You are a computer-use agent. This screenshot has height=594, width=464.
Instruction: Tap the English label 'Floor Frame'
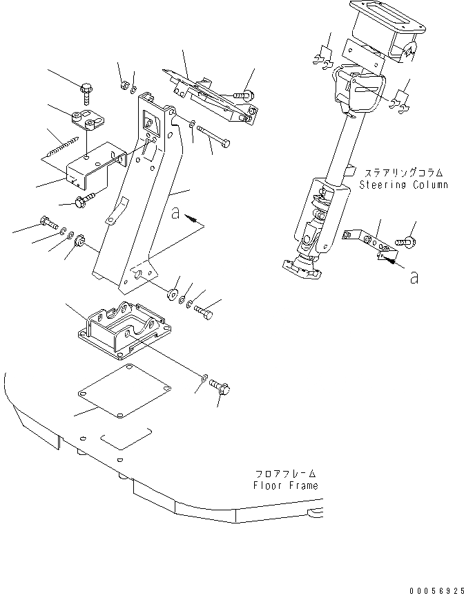point(285,485)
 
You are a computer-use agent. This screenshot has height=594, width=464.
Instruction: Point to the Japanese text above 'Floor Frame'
point(285,474)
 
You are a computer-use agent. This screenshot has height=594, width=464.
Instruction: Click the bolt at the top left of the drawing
point(87,89)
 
